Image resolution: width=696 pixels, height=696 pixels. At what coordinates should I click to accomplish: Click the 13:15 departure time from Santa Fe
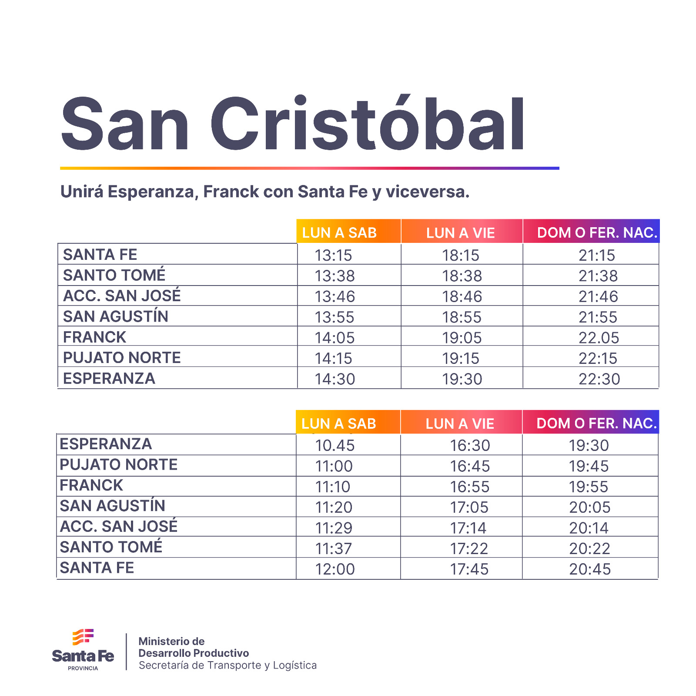coord(333,255)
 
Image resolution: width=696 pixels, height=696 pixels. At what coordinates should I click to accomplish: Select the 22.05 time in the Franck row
coord(599,338)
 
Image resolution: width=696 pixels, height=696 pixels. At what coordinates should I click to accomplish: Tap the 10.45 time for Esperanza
coord(335,445)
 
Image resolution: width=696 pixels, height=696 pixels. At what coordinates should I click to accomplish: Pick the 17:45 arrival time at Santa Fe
coord(469,569)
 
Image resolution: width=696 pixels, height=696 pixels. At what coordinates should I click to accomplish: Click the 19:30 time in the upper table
coord(462,379)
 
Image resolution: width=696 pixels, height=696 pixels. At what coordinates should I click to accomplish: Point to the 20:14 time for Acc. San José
coord(589,528)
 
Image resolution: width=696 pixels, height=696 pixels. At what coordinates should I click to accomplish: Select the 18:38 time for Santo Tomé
coord(462,276)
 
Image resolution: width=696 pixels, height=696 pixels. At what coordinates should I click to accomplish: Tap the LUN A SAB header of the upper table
coord(339,233)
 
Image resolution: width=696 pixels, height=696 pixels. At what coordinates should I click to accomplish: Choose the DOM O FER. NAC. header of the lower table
coord(596,423)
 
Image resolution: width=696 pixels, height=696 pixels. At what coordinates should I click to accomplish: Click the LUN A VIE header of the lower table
coord(460,424)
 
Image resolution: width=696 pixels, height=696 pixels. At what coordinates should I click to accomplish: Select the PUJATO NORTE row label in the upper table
coord(122,358)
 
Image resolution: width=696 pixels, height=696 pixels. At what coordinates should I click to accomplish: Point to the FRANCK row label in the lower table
coord(91,485)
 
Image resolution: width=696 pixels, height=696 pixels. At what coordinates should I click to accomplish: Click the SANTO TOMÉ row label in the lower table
coord(111,547)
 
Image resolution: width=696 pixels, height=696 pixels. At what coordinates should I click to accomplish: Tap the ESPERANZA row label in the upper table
coord(109,378)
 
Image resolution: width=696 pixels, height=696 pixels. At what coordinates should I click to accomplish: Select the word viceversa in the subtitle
coord(427,192)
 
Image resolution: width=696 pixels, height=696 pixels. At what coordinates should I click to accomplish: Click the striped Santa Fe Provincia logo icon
coord(83,637)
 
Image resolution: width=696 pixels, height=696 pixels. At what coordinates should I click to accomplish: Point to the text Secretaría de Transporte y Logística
coord(228,665)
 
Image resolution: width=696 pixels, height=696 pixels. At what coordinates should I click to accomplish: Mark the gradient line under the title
coord(309,168)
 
